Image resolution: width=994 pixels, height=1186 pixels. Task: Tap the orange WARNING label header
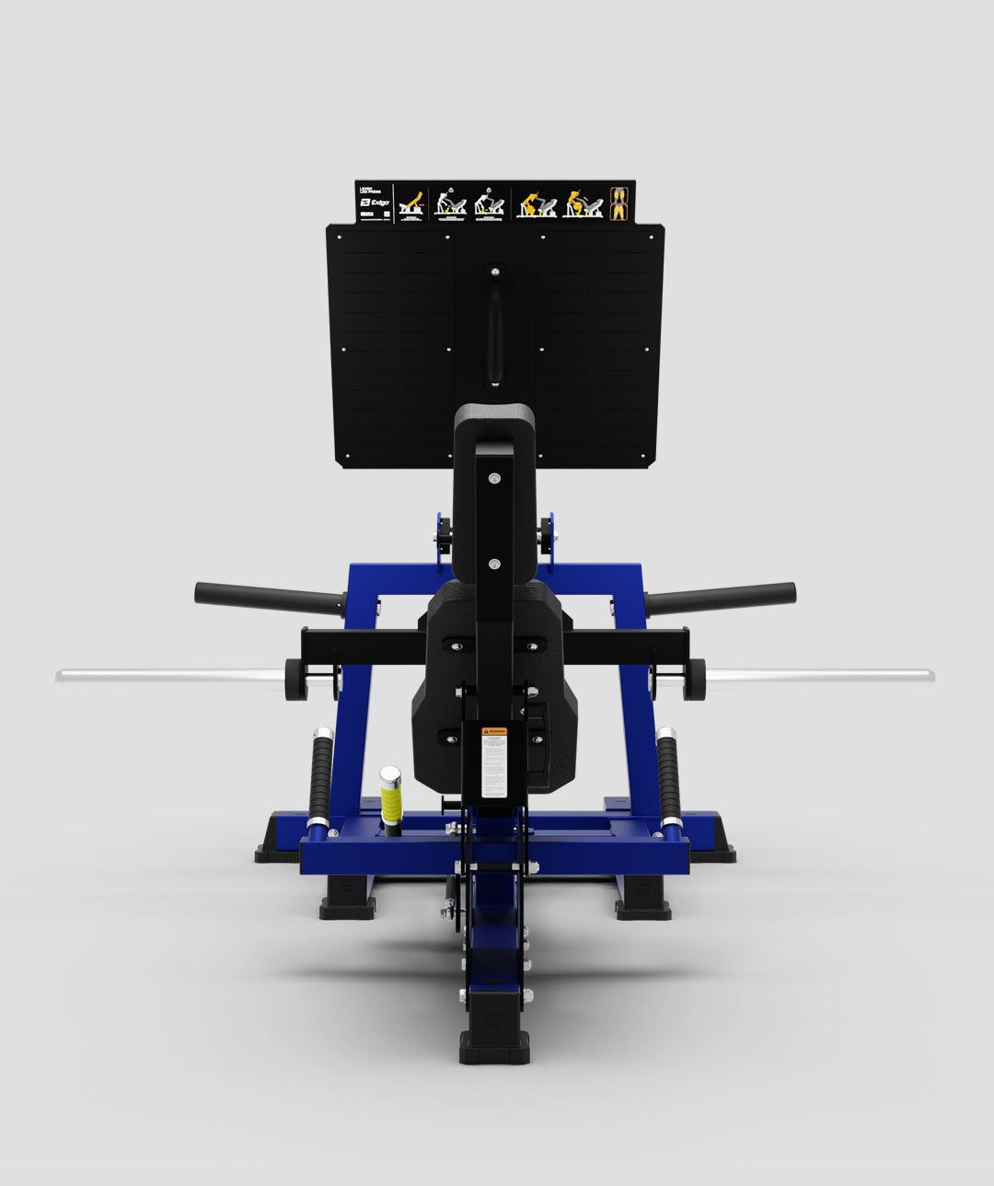[494, 732]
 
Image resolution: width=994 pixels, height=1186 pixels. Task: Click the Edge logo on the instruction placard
[376, 203]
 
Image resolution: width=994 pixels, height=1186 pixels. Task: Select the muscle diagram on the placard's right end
[620, 203]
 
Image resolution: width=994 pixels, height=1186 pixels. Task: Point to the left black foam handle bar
[268, 599]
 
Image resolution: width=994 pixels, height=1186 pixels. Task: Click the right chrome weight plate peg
[819, 676]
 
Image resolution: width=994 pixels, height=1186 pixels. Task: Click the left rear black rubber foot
[347, 908]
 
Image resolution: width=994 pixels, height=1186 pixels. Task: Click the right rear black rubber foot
[642, 908]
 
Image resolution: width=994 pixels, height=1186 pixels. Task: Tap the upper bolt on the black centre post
[494, 479]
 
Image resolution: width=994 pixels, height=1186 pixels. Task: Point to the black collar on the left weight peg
[295, 680]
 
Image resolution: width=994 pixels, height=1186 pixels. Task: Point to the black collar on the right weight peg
[694, 679]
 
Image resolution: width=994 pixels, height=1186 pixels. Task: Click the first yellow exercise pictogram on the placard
[410, 203]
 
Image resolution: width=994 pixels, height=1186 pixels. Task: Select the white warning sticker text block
[494, 769]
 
